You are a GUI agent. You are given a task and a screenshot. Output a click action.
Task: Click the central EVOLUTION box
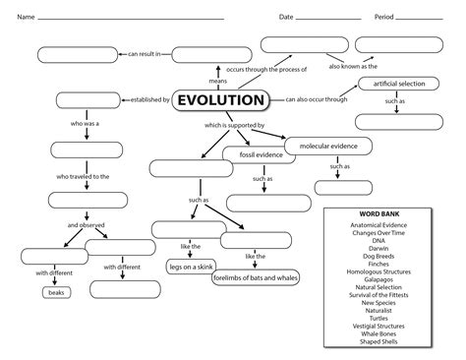(x=221, y=100)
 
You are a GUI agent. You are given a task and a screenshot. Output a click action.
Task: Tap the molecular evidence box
(x=329, y=146)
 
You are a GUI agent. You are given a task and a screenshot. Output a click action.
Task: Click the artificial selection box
(x=398, y=84)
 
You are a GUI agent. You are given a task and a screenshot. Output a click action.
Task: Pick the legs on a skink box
(x=193, y=267)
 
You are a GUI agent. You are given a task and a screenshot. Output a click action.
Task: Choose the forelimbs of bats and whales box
(x=255, y=278)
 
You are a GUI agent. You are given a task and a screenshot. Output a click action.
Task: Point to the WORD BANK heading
(x=379, y=214)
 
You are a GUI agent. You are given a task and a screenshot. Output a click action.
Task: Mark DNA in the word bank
(x=379, y=239)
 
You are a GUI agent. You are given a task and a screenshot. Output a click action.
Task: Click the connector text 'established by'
(x=147, y=100)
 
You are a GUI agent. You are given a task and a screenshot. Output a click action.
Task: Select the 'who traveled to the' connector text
(x=84, y=176)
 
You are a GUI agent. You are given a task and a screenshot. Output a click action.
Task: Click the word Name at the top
(x=26, y=18)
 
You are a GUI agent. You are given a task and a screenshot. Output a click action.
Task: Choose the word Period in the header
(x=383, y=18)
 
